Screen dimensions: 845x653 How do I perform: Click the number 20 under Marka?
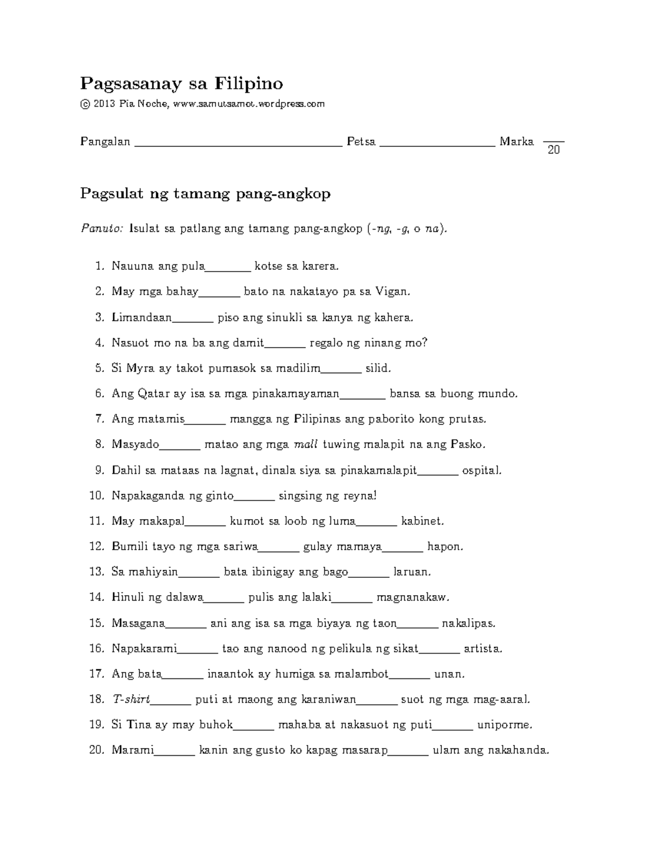(553, 150)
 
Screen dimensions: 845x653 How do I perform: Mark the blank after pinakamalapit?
(438, 473)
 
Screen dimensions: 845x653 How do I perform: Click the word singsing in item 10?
(299, 496)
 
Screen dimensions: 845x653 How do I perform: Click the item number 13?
(96, 572)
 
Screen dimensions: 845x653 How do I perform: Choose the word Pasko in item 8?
(467, 445)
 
